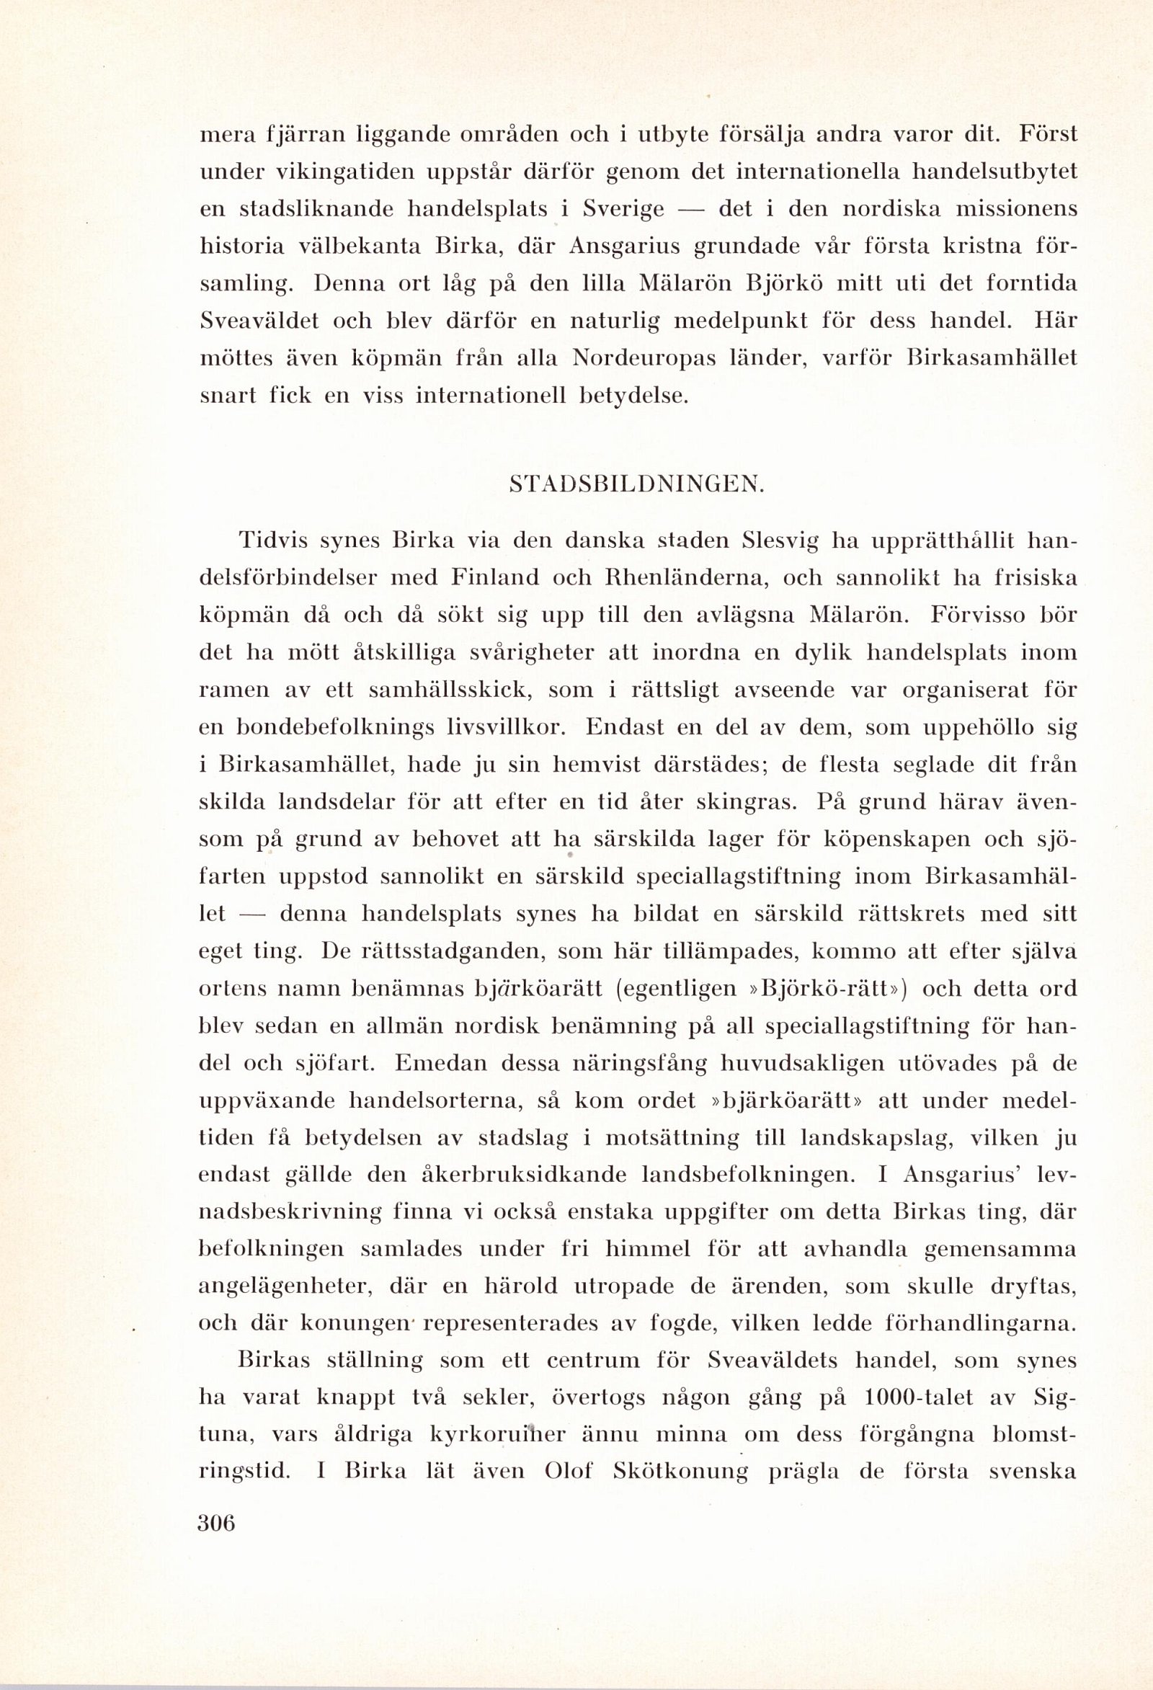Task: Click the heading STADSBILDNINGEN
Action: point(638,485)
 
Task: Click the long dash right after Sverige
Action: point(690,210)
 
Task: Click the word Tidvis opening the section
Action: point(272,541)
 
